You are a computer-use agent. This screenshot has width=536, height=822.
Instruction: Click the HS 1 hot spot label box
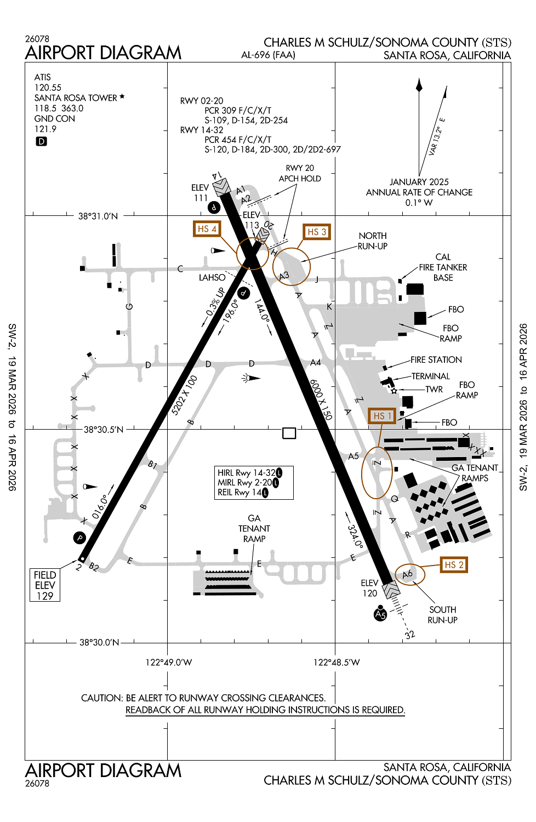pyautogui.click(x=382, y=416)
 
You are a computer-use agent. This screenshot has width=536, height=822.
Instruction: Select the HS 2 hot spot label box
pyautogui.click(x=454, y=565)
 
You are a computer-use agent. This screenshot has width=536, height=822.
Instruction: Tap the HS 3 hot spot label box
pyautogui.click(x=317, y=232)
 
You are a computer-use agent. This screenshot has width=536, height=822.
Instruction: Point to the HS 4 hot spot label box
pyautogui.click(x=207, y=229)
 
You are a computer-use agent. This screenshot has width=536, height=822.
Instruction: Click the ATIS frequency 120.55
pyautogui.click(x=48, y=88)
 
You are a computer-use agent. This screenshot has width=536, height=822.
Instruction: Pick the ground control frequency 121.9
pyautogui.click(x=45, y=129)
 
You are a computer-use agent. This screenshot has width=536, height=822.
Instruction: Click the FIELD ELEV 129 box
pyautogui.click(x=45, y=585)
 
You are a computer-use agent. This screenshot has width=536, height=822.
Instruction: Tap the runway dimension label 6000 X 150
pyautogui.click(x=321, y=399)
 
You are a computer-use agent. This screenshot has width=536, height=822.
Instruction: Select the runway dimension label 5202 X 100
pyautogui.click(x=185, y=395)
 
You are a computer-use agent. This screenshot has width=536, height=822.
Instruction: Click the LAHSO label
pyautogui.click(x=212, y=278)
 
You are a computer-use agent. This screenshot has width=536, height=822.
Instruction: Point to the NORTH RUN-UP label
pyautogui.click(x=373, y=241)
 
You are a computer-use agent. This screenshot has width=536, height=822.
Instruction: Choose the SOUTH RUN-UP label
pyautogui.click(x=442, y=615)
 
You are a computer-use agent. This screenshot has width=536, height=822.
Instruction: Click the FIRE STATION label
pyautogui.click(x=436, y=360)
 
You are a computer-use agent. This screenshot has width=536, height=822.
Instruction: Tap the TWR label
pyautogui.click(x=434, y=390)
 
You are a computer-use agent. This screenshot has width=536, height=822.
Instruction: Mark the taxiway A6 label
pyautogui.click(x=407, y=574)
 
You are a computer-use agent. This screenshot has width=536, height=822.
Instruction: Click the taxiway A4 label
pyautogui.click(x=315, y=363)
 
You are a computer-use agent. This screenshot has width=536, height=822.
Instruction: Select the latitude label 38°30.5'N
pyautogui.click(x=104, y=430)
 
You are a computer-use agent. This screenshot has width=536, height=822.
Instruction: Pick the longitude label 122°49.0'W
pyautogui.click(x=168, y=663)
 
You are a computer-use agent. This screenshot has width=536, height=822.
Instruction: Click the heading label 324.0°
pyautogui.click(x=355, y=536)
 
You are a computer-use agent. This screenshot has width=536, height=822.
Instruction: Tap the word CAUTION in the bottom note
pyautogui.click(x=102, y=698)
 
